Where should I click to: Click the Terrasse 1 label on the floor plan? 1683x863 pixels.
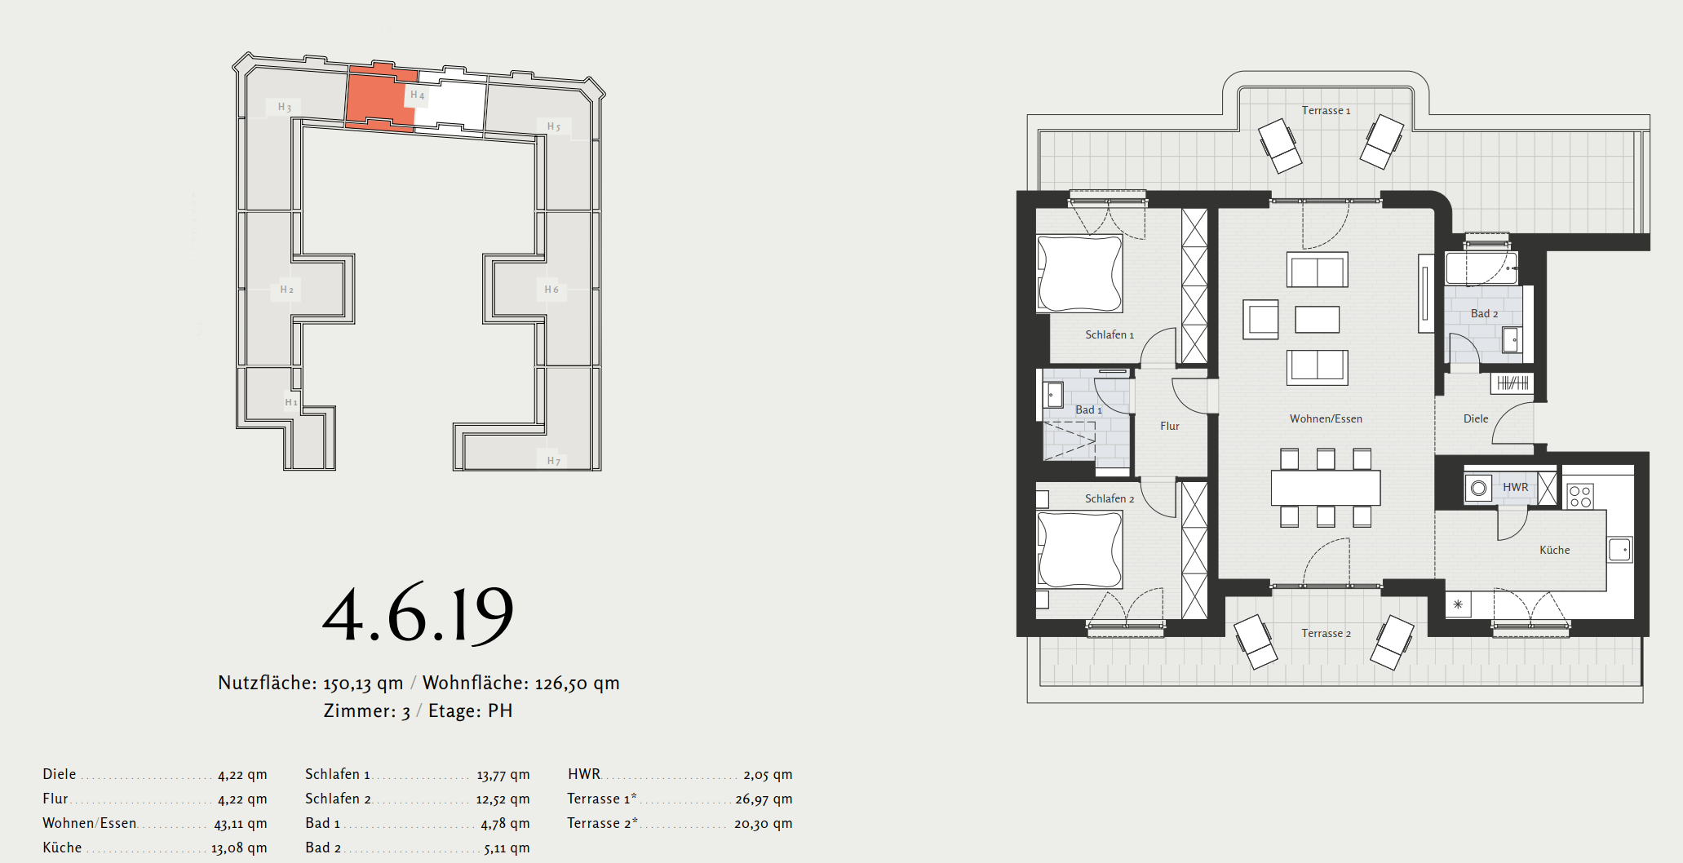point(1326,111)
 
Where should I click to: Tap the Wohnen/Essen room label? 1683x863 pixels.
point(1326,419)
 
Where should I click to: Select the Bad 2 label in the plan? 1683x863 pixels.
point(1484,314)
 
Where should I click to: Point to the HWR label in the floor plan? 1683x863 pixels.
point(1515,487)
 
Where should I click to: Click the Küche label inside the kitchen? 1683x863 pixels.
point(1554,550)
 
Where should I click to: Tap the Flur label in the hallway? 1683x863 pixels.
point(1170,426)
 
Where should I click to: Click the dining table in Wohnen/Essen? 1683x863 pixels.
point(1326,488)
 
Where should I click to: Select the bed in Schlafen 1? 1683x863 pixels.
point(1079,273)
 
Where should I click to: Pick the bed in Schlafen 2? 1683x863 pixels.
point(1079,549)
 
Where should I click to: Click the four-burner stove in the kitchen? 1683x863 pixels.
point(1580,496)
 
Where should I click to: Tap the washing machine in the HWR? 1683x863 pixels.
point(1478,489)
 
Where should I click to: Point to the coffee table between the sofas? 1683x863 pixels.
point(1317,319)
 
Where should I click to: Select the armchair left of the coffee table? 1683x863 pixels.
point(1261,320)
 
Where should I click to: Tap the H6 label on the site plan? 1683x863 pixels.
point(551,290)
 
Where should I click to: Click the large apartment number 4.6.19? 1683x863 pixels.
point(418,613)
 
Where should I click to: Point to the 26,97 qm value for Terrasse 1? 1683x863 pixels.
point(764,799)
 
